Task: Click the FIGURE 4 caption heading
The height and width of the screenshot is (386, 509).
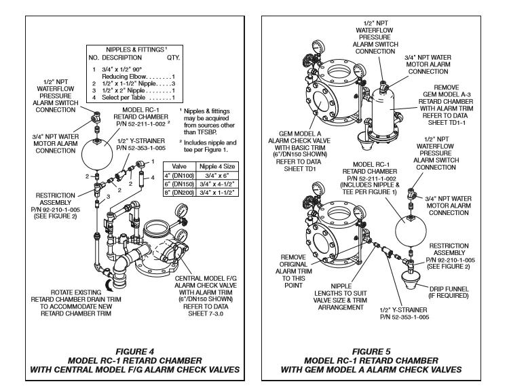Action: click(135, 351)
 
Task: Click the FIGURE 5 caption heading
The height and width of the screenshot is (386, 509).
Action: click(371, 351)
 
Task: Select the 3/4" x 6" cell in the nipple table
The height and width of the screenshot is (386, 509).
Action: click(217, 176)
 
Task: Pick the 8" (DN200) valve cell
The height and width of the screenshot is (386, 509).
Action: click(179, 193)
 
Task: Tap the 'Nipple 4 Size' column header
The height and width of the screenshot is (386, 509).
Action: click(217, 166)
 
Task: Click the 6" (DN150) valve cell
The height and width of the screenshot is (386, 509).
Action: click(179, 184)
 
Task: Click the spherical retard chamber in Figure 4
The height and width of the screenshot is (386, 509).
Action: click(97, 155)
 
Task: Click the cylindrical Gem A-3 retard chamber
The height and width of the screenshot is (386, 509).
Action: click(382, 112)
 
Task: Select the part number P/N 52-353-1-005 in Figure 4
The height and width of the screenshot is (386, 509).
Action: click(141, 149)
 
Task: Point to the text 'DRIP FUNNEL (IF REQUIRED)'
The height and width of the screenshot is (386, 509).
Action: click(449, 292)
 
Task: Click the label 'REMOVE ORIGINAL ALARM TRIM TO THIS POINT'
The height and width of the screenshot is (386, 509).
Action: click(293, 271)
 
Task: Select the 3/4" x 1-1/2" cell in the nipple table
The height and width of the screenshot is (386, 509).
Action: click(217, 193)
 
